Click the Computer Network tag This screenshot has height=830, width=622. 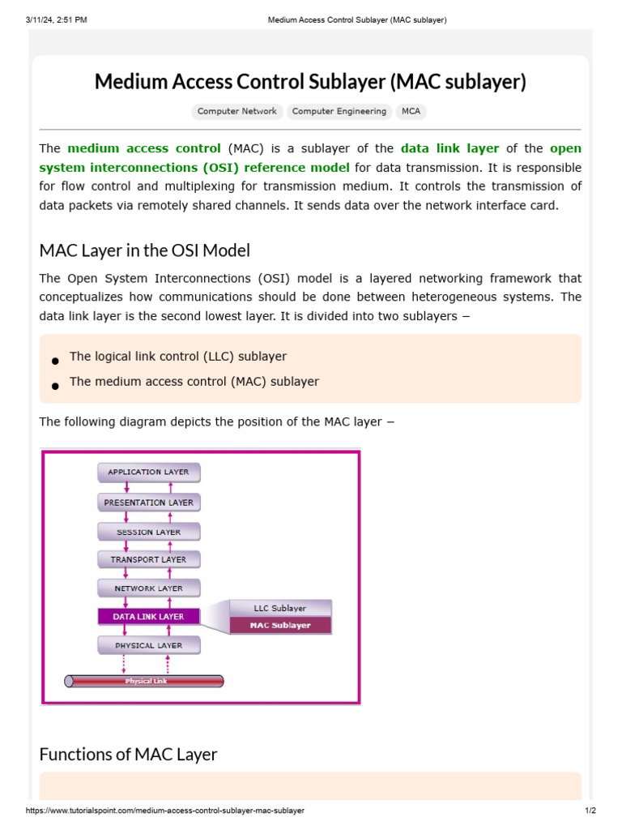237,112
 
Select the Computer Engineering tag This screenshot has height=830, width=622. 339,112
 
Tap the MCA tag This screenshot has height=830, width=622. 411,112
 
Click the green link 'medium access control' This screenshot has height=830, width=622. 144,148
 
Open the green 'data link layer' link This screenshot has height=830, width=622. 449,148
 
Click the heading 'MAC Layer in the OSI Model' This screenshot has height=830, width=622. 145,250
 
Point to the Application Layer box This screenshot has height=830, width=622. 148,472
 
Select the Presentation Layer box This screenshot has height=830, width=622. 148,503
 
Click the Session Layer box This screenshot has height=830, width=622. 148,533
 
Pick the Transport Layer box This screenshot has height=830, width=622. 148,559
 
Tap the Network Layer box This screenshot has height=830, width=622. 148,588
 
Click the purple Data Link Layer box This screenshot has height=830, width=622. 148,617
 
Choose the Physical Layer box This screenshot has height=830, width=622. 148,646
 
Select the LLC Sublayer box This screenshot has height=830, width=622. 280,608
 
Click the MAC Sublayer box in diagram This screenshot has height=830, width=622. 280,626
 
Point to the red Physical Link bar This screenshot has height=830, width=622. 145,682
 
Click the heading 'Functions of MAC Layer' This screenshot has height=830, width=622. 128,755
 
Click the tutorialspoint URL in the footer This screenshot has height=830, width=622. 165,811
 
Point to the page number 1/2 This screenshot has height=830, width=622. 590,811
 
